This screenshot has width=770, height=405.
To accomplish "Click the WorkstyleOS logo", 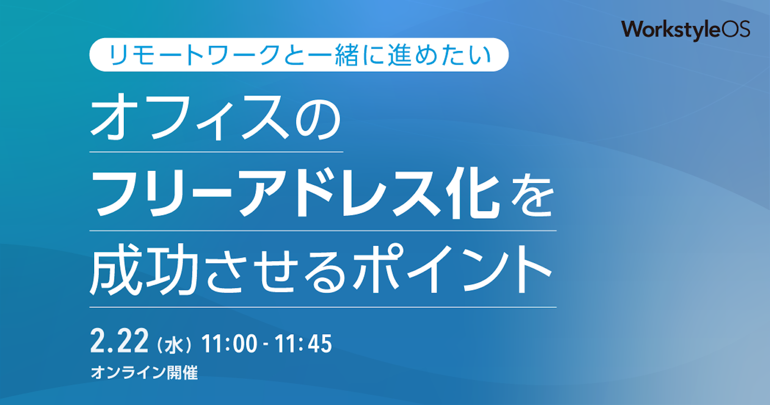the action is pos(685,30).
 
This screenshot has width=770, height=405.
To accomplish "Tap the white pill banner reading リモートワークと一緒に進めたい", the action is pos(299,55).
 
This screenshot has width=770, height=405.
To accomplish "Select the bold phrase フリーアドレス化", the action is pos(296,195).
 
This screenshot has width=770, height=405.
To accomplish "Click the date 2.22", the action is pos(119,341).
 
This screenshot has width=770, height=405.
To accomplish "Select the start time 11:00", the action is pos(229,344).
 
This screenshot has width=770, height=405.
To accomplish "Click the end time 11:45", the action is pos(303,344).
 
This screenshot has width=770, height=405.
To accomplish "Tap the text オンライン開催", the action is pos(145,372).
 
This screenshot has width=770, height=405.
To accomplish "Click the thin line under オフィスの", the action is pos(216,151).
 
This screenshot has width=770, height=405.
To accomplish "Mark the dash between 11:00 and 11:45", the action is pos(266,345).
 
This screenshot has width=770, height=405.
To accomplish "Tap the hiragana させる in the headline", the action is pos(277,271).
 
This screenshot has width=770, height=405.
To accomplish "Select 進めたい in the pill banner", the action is pos(440,55).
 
